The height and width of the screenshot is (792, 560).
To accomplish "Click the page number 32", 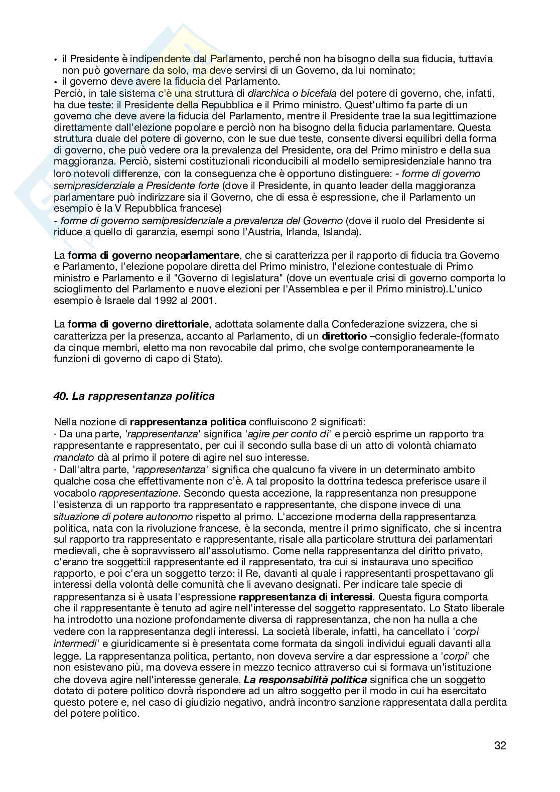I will point(500,746).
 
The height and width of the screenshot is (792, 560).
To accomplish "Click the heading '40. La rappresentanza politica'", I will point(134,396).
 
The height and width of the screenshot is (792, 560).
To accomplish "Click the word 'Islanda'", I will point(338,232).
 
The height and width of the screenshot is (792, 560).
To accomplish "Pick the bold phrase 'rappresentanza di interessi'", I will point(306,597).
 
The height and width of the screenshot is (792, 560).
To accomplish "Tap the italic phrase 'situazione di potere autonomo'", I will point(123,516).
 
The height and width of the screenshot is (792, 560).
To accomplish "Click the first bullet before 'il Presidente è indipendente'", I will point(56,59).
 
